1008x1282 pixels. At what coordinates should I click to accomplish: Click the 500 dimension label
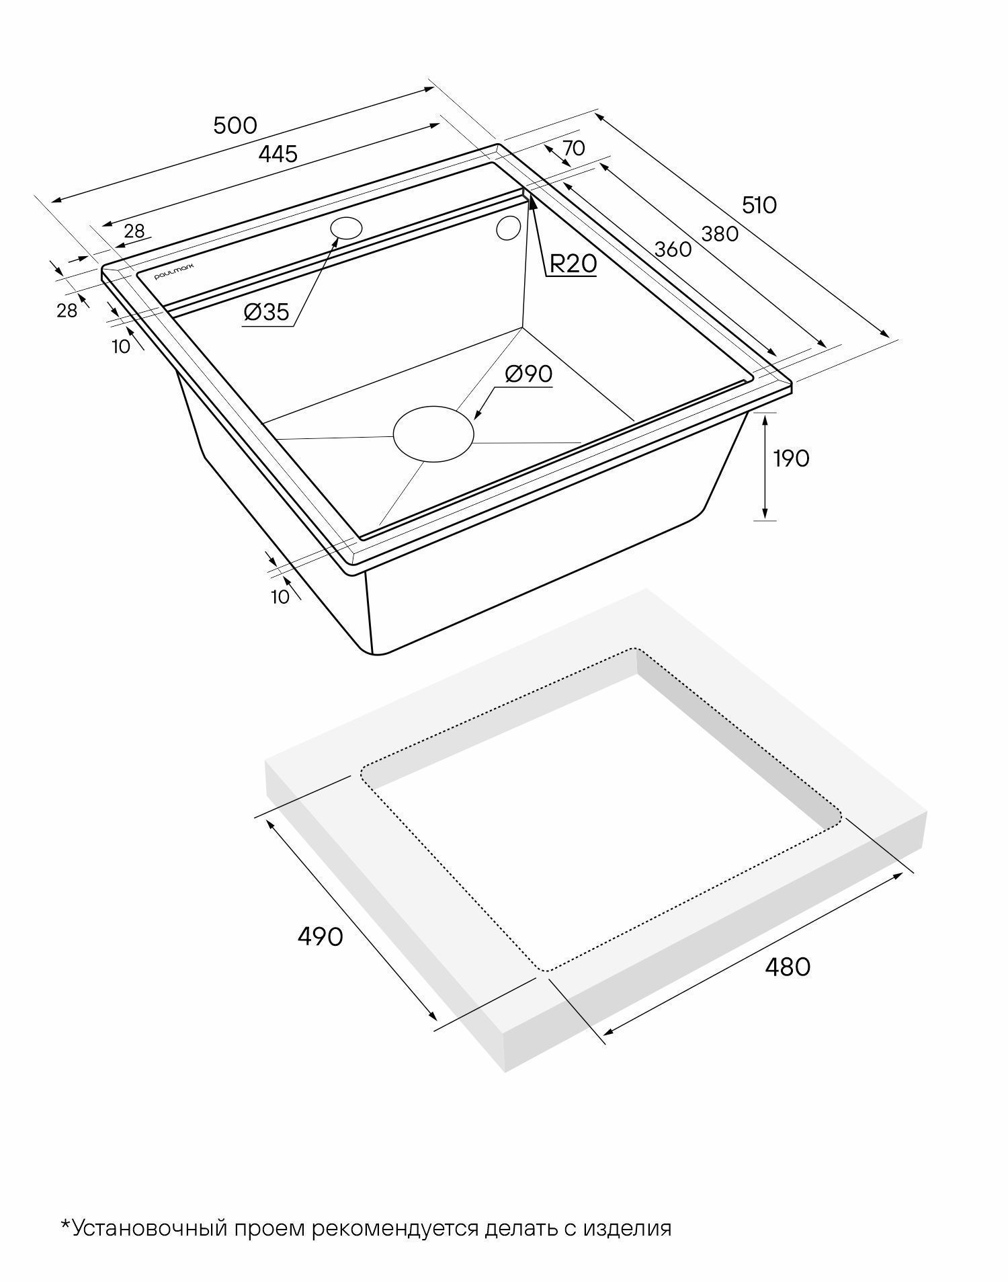coord(235,125)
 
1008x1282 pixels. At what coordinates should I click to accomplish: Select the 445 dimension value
coord(278,154)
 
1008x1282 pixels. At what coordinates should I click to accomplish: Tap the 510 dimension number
coord(759,204)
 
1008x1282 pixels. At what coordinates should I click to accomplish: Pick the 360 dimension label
coord(673,249)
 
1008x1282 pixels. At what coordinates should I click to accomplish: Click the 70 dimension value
coord(573,148)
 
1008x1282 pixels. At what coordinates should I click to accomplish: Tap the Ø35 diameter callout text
coord(267,311)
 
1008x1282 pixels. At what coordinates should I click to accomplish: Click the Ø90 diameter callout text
coord(528,374)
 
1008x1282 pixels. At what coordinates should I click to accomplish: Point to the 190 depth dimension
coord(791,458)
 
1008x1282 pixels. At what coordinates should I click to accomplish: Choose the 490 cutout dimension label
coord(321,936)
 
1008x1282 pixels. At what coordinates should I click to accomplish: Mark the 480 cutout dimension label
coord(788,967)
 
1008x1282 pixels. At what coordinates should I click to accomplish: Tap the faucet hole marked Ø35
coord(347,228)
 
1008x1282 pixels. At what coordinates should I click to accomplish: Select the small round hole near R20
coord(508,228)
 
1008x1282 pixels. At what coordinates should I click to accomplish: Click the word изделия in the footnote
coord(627,1229)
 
